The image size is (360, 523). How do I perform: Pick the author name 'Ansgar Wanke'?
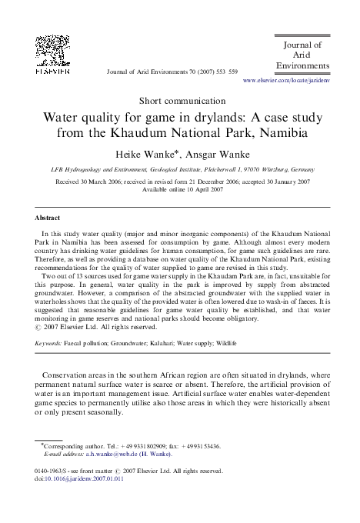[211, 153]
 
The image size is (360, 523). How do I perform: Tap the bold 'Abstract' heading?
[48, 218]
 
